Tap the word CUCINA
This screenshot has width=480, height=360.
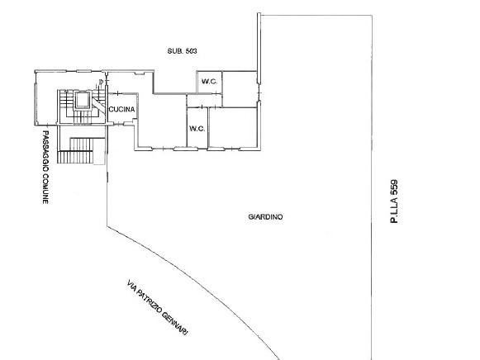pos(121,109)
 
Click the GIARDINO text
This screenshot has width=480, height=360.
pos(265,218)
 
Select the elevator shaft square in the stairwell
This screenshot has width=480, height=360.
pos(82,101)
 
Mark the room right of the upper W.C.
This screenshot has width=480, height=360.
pos(240,86)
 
